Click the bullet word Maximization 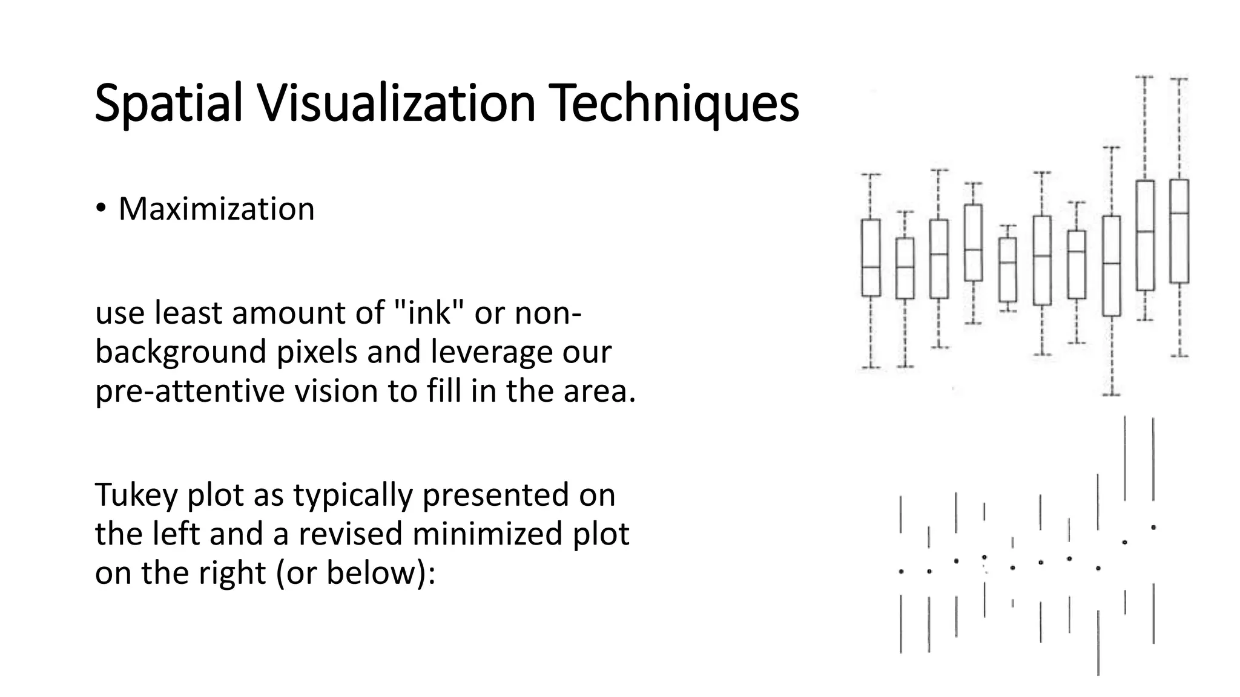(x=216, y=209)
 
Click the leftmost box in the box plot (x=871, y=258)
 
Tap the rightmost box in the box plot (x=1179, y=231)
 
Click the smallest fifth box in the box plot (x=1007, y=269)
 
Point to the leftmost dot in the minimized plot (x=901, y=571)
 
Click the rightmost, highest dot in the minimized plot (x=1153, y=528)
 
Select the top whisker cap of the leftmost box (x=871, y=175)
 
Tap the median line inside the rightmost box (x=1179, y=213)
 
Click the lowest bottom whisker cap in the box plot (x=1111, y=394)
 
